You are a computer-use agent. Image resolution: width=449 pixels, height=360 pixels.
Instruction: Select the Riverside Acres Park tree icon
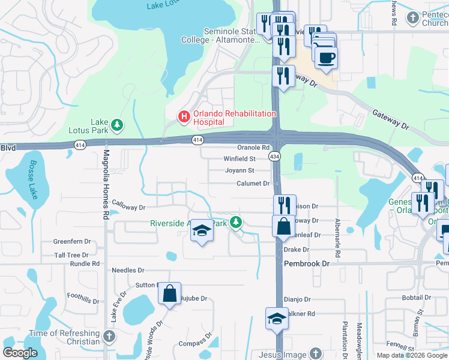coord(237,223)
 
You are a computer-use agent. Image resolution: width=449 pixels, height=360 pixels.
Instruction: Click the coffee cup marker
coord(326,58)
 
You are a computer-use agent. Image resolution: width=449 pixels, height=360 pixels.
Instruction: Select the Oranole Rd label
coord(253,148)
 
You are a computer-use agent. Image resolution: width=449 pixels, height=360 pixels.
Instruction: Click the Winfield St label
coord(240,159)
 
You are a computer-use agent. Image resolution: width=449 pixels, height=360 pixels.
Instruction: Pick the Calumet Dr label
coord(253,184)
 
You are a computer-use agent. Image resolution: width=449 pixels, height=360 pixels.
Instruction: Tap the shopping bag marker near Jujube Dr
coord(170,294)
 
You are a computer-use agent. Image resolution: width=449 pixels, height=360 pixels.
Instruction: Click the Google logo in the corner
coord(20,353)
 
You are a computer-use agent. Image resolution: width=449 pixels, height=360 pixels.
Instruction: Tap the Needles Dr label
coord(128,271)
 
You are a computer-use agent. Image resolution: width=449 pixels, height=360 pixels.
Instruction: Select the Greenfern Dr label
coord(72,242)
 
